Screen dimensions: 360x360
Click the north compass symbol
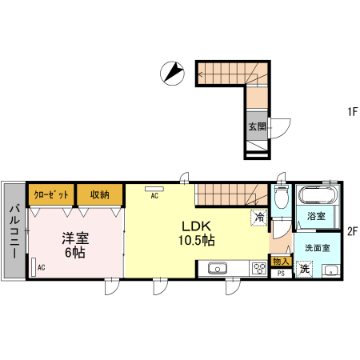point(172,74)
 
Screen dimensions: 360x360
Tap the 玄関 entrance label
point(258,126)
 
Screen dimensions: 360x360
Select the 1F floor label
point(352,111)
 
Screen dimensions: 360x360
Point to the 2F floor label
point(352,231)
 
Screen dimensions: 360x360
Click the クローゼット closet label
point(51,195)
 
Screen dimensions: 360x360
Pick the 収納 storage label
point(100,194)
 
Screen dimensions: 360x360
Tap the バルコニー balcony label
point(14,231)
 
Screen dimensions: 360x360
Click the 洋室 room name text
point(75,238)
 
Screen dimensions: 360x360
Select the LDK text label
point(197,226)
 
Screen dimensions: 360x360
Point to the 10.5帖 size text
point(197,240)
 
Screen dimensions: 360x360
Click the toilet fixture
point(282,195)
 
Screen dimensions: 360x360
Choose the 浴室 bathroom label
point(316,216)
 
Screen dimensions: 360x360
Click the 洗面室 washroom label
point(318,248)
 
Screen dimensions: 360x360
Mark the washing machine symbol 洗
point(304,269)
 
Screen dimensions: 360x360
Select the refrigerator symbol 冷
point(259,218)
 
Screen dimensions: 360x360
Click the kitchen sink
point(218,268)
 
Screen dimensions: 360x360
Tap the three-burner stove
point(259,268)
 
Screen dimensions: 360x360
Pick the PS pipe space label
point(281,274)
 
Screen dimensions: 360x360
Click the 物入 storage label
point(281,262)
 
